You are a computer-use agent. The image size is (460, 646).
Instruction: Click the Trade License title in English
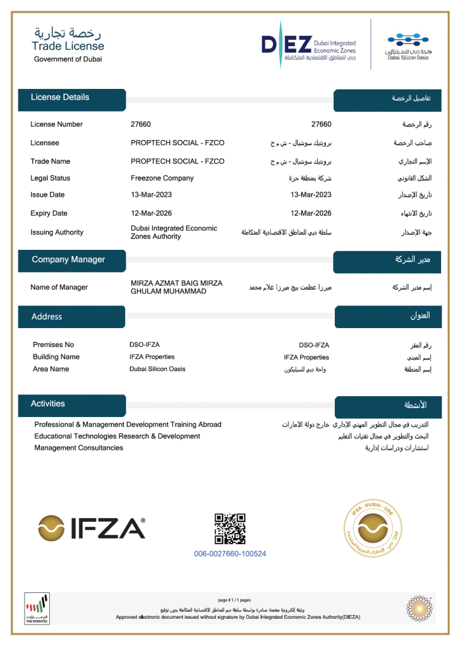[68, 46]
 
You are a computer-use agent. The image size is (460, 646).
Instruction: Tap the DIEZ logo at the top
[308, 44]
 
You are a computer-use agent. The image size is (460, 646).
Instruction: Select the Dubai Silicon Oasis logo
[408, 46]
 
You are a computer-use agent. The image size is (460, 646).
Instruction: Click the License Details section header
[61, 97]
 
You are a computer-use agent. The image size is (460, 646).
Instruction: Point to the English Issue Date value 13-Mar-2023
[151, 195]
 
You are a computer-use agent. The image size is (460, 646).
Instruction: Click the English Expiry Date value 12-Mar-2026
[151, 213]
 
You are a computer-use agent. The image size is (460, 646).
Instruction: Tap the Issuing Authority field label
[57, 232]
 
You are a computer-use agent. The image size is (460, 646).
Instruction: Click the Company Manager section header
[68, 259]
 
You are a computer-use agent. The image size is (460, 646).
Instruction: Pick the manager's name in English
[176, 287]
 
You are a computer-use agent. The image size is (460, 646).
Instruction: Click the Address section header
[47, 317]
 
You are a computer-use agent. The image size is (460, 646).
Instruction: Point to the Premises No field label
[53, 344]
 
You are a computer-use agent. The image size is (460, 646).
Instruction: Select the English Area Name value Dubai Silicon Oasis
[157, 369]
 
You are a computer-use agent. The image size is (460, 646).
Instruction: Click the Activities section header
[48, 404]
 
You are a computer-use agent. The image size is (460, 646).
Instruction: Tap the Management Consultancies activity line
[79, 448]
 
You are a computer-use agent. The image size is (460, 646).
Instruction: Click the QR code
[230, 529]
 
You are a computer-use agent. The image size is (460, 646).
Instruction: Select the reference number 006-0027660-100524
[230, 554]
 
